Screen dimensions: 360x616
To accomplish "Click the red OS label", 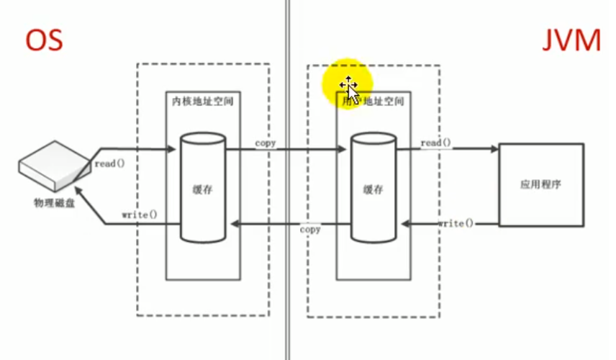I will coord(45,41).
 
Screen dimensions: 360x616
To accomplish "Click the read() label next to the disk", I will coord(109,163).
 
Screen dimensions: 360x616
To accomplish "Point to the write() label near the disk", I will coord(140,215).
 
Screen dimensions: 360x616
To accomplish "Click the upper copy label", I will coord(266,143).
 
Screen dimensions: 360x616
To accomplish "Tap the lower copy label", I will coord(310,230).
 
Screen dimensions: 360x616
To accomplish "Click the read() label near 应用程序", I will coord(435,143).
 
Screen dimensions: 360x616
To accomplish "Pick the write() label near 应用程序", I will coord(456,224).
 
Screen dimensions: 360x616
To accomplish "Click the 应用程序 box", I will coord(540,184).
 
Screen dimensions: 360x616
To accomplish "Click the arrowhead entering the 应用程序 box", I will coord(494,150).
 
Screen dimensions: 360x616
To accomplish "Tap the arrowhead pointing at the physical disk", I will coord(81,190).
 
